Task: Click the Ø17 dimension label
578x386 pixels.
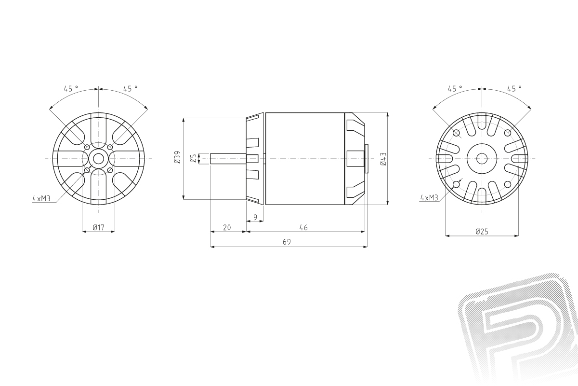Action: click(98, 228)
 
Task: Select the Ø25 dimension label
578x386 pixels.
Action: click(482, 232)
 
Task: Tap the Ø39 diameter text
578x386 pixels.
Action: click(177, 157)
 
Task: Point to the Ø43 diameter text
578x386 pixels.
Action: click(383, 159)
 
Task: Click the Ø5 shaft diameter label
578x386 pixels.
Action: click(194, 158)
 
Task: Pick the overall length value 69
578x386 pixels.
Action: click(287, 242)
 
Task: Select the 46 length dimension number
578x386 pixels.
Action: click(303, 228)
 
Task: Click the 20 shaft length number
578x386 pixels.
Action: click(227, 228)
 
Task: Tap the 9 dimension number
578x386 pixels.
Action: click(255, 218)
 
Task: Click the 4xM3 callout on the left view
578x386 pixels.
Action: click(41, 199)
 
